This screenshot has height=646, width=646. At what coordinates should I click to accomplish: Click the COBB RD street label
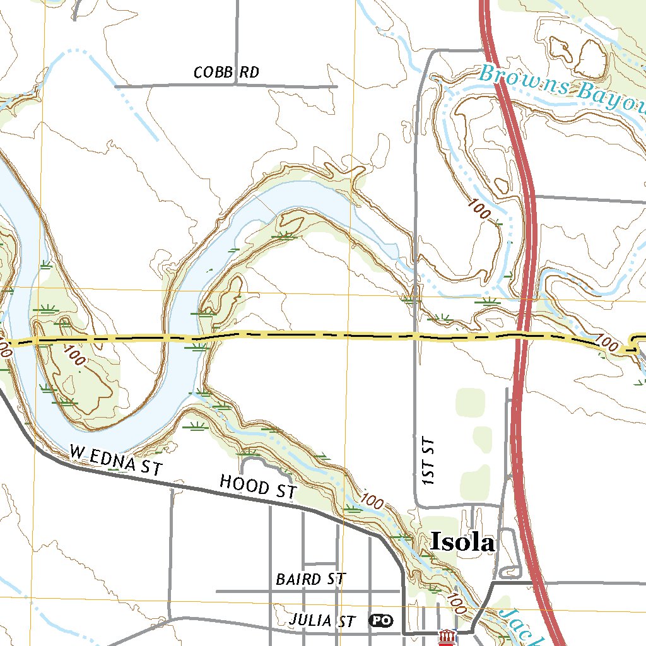(x=226, y=73)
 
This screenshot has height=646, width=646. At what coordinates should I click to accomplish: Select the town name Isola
(x=462, y=542)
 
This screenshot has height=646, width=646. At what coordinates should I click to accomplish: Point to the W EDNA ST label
(x=116, y=459)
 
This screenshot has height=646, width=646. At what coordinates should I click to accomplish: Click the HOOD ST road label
(x=257, y=486)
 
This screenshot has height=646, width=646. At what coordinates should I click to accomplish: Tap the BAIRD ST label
(x=310, y=578)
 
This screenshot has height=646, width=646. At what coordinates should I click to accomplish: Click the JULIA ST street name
(x=322, y=621)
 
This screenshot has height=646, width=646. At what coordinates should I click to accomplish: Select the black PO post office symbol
(x=380, y=621)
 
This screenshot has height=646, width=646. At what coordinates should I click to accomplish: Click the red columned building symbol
(x=447, y=638)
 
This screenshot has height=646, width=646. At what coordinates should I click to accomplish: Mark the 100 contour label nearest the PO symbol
(x=455, y=603)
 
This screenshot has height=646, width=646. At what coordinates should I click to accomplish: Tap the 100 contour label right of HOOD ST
(x=373, y=502)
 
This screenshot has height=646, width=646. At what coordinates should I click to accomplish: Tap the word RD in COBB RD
(x=250, y=73)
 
